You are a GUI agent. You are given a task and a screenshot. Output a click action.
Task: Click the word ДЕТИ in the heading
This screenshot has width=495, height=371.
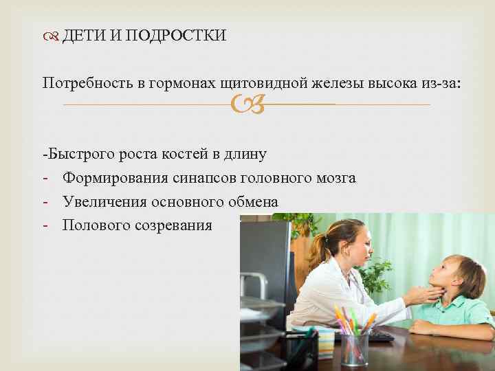tap(83, 35)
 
